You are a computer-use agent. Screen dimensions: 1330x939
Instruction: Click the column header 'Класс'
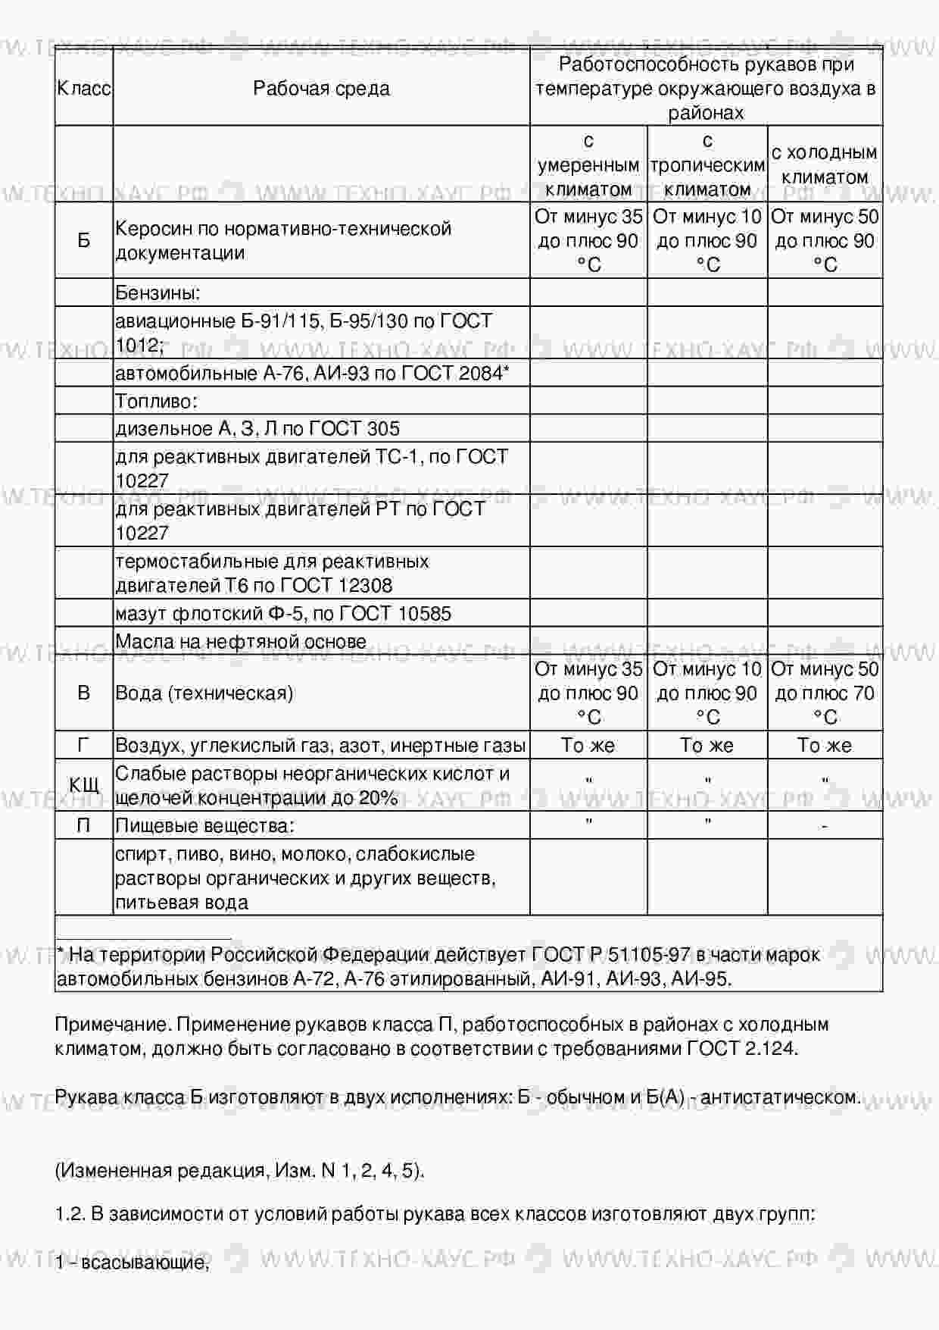84,88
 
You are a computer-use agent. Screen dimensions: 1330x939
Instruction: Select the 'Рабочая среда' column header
321,88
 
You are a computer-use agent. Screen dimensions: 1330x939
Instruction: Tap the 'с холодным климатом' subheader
824,164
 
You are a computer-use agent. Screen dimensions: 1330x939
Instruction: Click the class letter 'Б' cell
84,240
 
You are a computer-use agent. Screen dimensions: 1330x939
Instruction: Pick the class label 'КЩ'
84,785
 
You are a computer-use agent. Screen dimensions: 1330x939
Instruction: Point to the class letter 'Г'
84,745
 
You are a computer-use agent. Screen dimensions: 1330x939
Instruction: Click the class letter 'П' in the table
84,825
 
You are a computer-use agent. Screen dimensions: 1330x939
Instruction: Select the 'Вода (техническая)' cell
204,693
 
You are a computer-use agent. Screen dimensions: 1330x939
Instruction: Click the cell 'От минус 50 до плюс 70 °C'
824,693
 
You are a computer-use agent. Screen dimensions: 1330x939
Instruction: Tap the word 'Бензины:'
158,293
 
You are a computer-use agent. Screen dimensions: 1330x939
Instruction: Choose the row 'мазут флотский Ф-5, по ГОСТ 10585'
283,613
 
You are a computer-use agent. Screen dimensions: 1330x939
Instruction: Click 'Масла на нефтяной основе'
241,641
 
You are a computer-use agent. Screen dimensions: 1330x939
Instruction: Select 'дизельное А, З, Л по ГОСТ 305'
257,428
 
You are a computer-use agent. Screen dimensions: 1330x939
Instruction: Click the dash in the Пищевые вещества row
824,825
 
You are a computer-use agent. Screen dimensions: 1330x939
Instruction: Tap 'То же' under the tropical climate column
707,745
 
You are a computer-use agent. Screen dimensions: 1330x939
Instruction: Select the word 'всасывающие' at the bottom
143,1262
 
